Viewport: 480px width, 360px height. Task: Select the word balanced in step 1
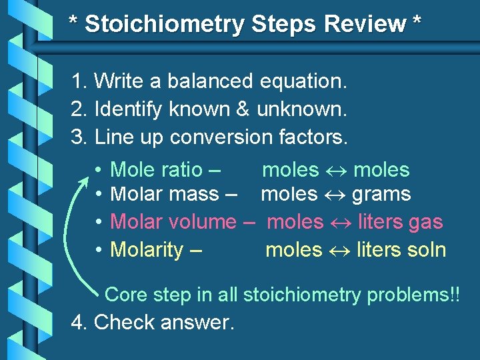[210, 81]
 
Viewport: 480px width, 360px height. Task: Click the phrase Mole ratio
[156, 170]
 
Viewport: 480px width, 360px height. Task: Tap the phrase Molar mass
[164, 195]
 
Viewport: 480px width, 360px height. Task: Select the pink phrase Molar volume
[173, 221]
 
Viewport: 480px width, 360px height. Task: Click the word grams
[381, 195]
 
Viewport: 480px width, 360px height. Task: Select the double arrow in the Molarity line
[339, 251]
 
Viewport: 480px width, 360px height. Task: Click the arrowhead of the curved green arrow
[85, 179]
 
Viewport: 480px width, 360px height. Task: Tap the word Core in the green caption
[127, 294]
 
